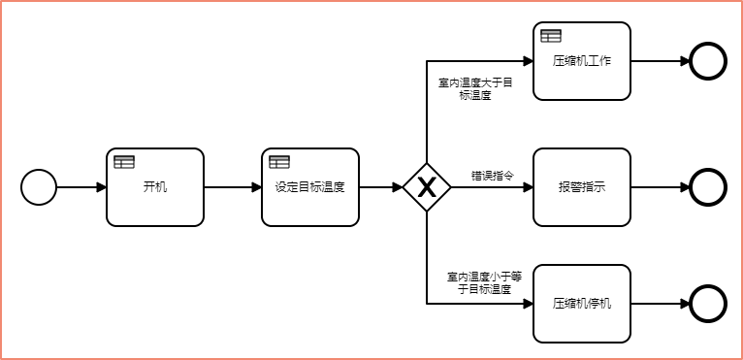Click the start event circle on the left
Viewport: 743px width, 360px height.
[39, 187]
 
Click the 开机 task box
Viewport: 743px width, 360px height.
[155, 187]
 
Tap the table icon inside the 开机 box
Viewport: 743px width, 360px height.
[124, 162]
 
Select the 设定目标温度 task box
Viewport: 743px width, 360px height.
[310, 187]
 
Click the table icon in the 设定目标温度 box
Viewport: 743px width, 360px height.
[279, 162]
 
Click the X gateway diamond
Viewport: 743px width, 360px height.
[427, 187]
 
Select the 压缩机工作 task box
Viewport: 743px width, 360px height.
[582, 61]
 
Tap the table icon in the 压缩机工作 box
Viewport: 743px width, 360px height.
[551, 36]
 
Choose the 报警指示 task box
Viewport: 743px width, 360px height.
[582, 187]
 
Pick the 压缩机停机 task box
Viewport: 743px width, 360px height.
[582, 304]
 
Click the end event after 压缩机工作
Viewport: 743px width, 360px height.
[708, 61]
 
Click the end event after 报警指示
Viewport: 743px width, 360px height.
[708, 187]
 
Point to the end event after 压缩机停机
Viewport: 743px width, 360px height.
[708, 304]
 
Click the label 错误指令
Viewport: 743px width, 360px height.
[493, 176]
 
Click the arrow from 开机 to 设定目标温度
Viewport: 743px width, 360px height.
[233, 187]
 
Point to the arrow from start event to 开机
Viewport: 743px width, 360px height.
[81, 187]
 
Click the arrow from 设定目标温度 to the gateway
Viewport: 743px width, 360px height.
[380, 187]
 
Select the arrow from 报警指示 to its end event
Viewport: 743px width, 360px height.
[660, 187]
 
